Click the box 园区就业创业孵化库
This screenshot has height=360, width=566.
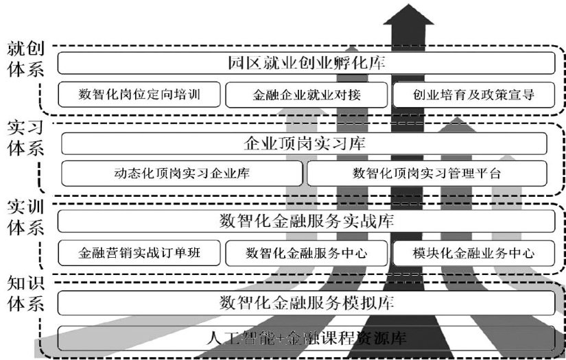(306, 63)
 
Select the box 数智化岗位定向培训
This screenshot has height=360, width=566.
(139, 95)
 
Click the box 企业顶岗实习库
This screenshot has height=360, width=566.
(305, 143)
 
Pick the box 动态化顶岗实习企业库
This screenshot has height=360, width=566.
(182, 173)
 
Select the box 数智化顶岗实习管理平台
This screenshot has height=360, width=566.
(427, 173)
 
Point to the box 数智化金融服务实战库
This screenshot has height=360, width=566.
(306, 221)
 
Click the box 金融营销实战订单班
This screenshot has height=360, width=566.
(139, 252)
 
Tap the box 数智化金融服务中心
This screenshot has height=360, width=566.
(305, 252)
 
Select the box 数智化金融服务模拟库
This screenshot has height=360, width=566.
(306, 302)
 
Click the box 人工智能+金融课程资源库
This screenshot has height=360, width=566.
(306, 337)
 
